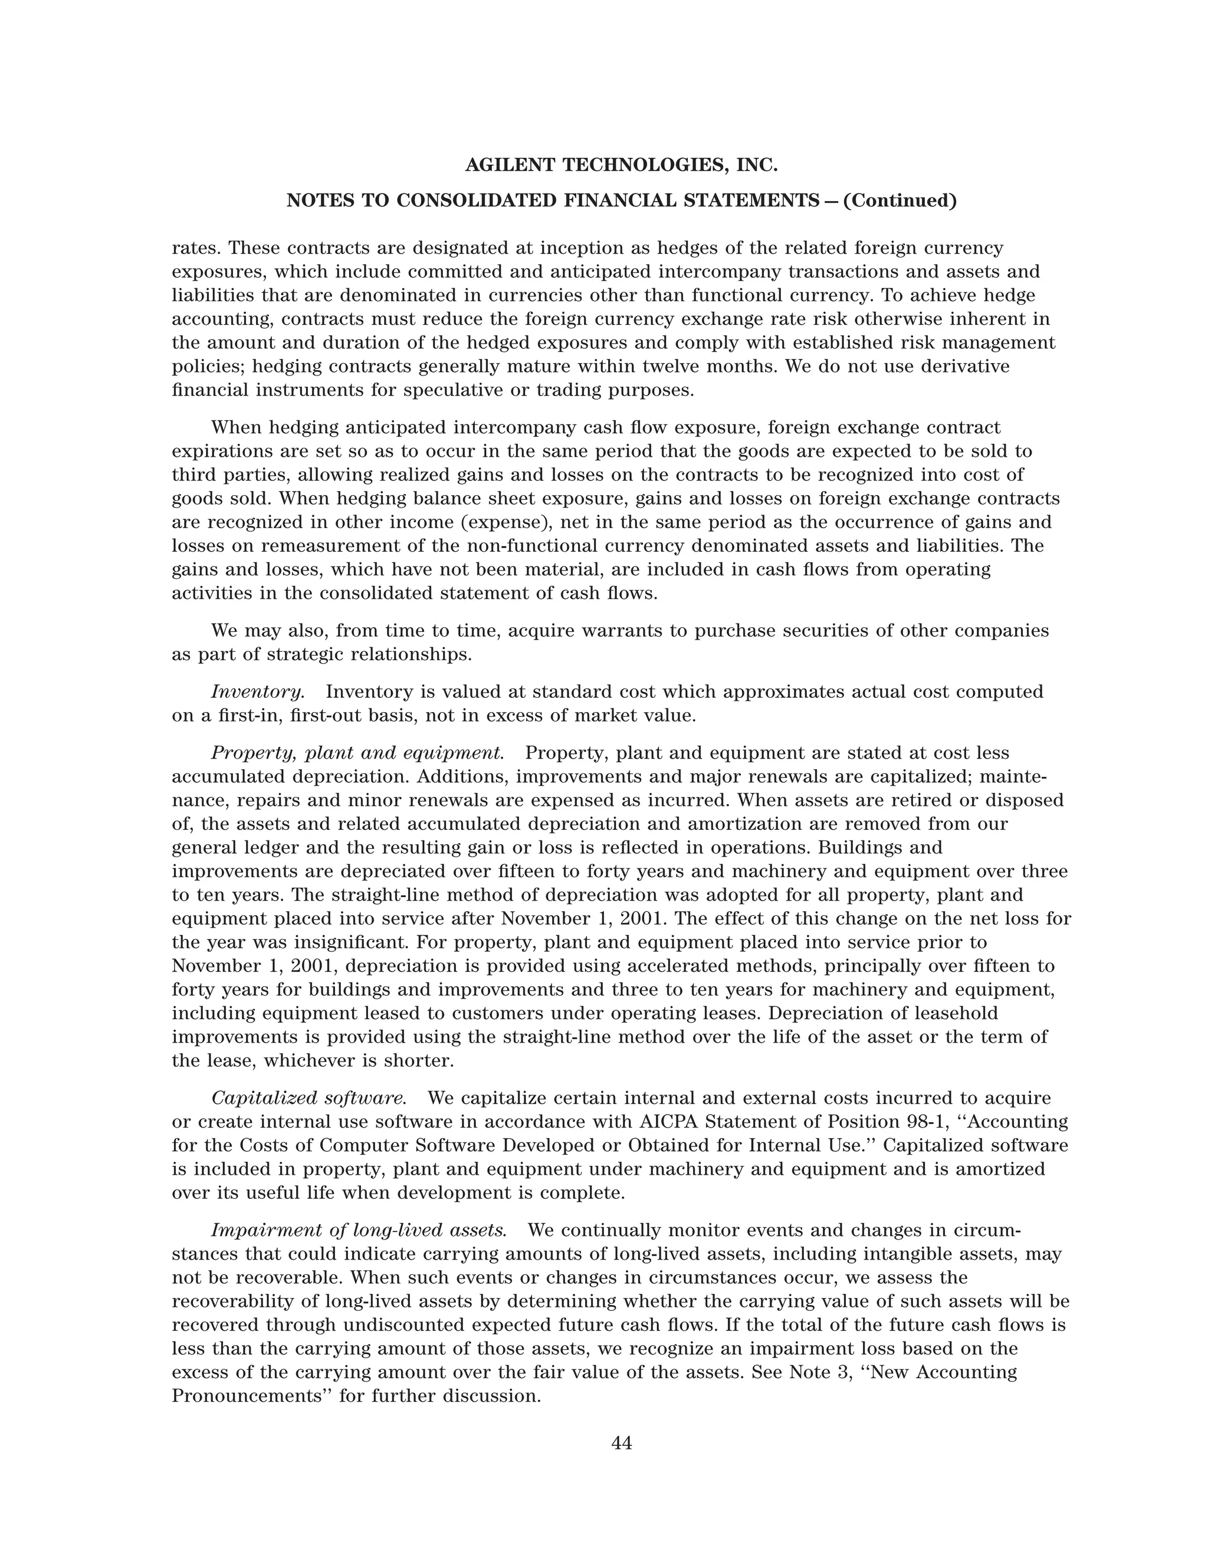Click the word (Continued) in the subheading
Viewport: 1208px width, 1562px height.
coord(900,201)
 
